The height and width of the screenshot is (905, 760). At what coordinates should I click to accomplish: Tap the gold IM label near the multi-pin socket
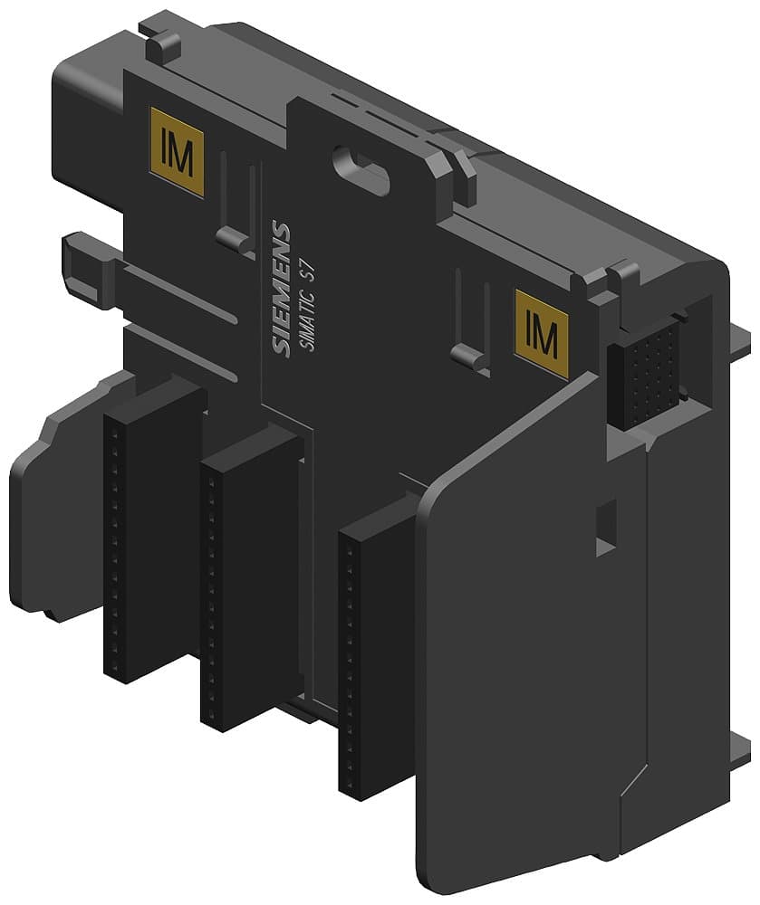tap(541, 334)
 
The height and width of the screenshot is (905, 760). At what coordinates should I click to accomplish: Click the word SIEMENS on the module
tap(282, 291)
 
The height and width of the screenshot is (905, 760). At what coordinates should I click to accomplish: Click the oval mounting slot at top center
tap(361, 167)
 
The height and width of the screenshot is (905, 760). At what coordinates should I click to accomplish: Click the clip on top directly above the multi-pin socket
tap(625, 276)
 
